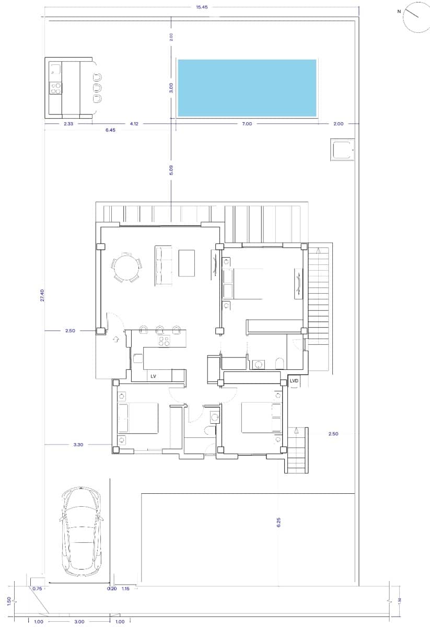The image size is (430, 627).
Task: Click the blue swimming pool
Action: tap(247, 88)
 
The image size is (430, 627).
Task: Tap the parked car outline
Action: tap(82, 531)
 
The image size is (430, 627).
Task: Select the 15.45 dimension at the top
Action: tap(201, 7)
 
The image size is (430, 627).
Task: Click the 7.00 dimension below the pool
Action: tap(247, 124)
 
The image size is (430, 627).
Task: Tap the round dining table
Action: tap(126, 268)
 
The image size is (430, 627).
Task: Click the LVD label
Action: tap(294, 381)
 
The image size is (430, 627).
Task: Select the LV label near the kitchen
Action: tap(154, 376)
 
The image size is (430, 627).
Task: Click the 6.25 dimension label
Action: tap(278, 521)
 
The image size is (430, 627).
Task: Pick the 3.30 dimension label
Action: tap(78, 445)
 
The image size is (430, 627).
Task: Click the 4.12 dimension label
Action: tap(134, 124)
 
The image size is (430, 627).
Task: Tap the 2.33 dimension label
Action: tap(68, 124)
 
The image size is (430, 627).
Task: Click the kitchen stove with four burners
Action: tap(164, 342)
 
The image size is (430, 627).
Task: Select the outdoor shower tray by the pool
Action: tap(343, 150)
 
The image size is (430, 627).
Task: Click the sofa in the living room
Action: tap(164, 265)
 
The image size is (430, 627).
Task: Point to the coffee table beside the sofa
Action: tap(187, 263)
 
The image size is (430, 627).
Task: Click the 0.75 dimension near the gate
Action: tap(37, 589)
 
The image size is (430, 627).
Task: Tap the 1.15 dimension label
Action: tap(125, 589)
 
